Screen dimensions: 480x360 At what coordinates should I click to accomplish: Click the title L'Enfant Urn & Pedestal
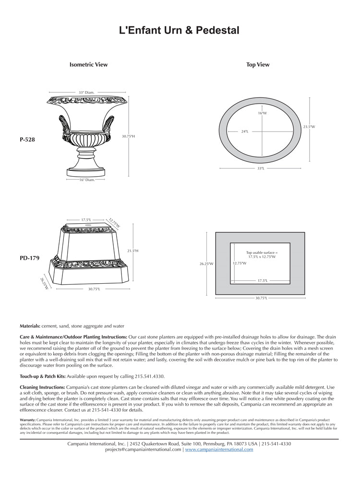point(180,31)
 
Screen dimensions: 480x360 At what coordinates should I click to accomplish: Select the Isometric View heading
point(89,64)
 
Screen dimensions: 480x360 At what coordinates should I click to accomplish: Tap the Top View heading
point(258,64)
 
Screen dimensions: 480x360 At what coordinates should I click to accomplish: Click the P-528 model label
point(27,140)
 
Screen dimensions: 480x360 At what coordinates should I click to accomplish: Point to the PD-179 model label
point(30,258)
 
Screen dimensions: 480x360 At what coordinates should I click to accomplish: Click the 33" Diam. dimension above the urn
point(86,92)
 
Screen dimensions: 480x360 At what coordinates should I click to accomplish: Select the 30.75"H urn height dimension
point(128,136)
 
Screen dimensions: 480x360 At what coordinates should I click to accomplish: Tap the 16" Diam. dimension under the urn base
point(87,180)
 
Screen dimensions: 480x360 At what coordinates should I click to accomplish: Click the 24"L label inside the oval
point(245,131)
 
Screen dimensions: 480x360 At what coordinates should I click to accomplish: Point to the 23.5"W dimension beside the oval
point(309,127)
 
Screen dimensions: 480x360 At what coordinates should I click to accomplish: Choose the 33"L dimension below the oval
point(261,168)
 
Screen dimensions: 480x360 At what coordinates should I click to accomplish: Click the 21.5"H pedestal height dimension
point(132,251)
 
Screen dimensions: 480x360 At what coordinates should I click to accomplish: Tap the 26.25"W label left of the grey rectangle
point(206,264)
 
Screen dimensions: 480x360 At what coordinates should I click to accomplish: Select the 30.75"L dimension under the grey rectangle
point(261,298)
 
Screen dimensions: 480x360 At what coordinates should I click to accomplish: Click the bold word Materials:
point(30,326)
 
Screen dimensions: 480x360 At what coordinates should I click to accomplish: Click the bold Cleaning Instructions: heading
point(46,386)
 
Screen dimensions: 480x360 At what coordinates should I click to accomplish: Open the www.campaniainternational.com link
point(219,450)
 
